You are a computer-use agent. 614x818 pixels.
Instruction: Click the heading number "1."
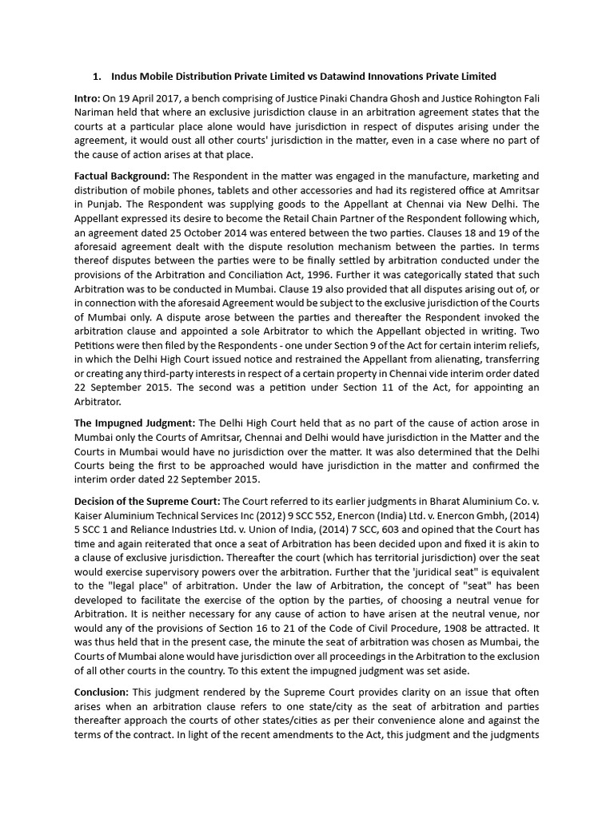click(x=97, y=77)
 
